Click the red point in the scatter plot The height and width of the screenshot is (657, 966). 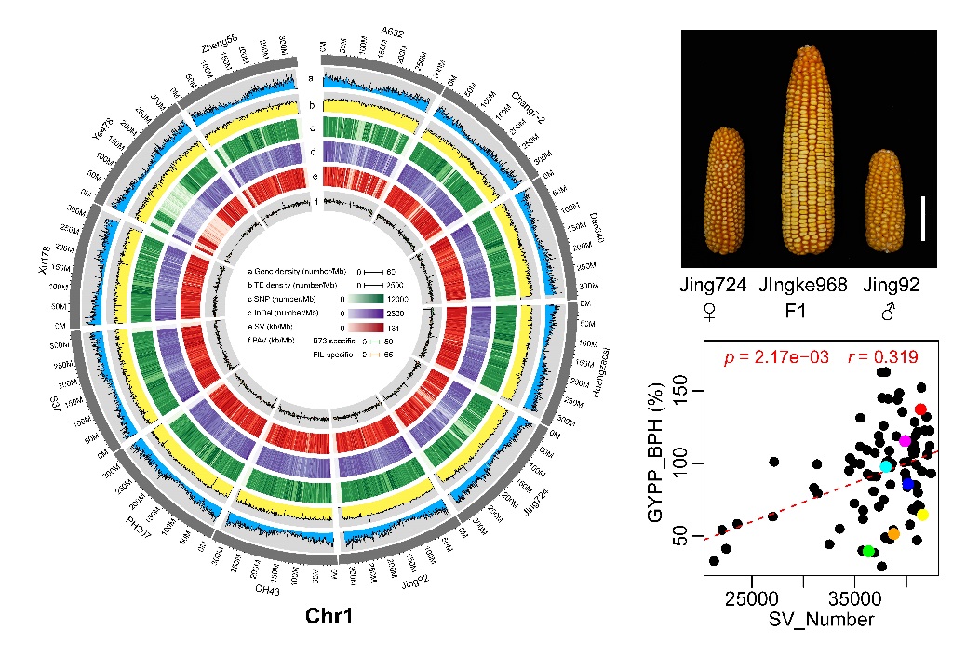point(920,409)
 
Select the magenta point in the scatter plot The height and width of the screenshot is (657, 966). point(905,440)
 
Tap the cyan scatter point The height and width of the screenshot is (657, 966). point(886,466)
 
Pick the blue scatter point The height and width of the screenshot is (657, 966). point(908,484)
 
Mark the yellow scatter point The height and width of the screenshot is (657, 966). point(922,515)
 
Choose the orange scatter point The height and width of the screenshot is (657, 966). point(893,534)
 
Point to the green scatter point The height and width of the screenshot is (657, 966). point(868,551)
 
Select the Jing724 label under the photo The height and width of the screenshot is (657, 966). point(713,286)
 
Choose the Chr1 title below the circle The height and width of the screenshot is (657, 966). point(329,616)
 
